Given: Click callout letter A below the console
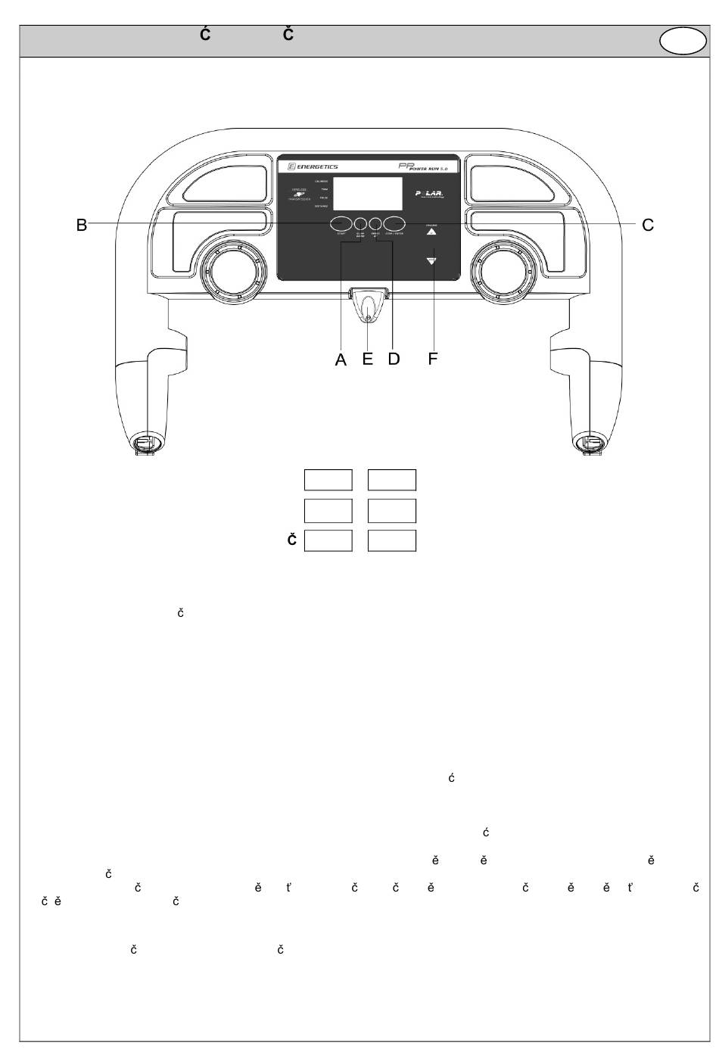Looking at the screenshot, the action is pos(341,360).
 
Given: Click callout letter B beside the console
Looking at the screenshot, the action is pos(81,225).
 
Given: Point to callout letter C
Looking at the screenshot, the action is pos(647,225).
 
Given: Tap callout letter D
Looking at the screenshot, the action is pos(394,359).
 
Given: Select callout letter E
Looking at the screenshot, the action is pos(368,359).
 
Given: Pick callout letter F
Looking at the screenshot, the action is pos(433,359).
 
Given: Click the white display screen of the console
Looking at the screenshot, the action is pos(368,194).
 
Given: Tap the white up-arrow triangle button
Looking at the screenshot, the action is pos(431,234).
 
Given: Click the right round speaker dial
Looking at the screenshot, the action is pos(503,270).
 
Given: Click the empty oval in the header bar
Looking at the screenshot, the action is pos(683,42).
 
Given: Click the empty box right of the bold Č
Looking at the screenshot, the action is pos(328,540).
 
